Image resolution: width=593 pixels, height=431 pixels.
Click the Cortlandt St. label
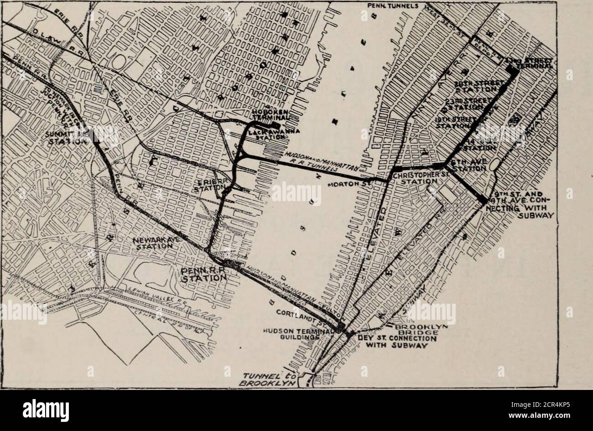303,317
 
